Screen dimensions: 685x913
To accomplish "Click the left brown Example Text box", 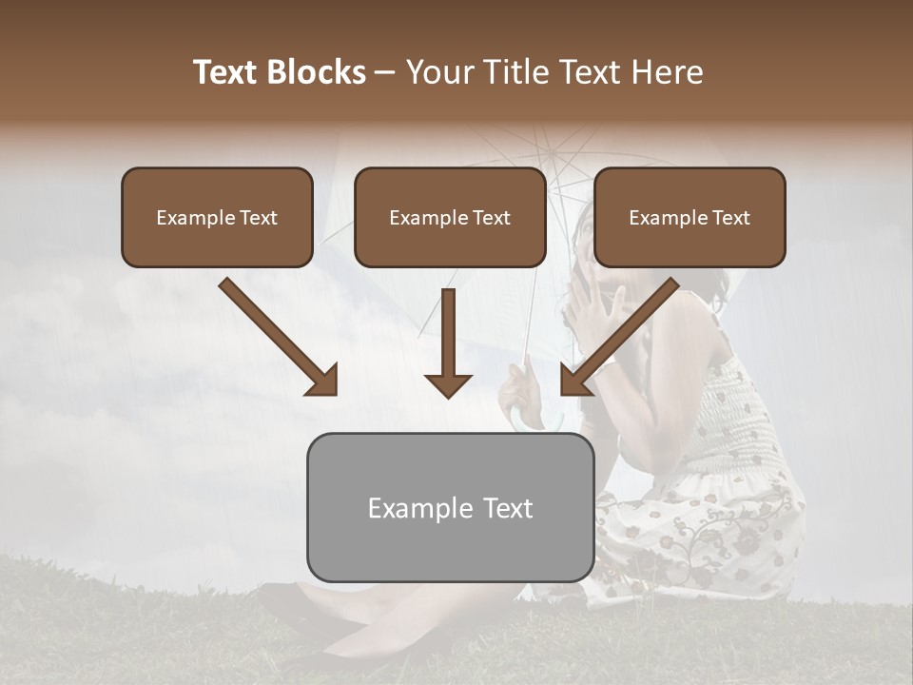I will [217, 217].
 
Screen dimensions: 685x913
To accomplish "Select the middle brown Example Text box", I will [450, 217].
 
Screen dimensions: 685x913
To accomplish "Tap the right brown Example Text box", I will [690, 217].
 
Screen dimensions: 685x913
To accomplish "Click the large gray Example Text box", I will [450, 507].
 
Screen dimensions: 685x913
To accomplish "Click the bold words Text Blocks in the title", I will [279, 72].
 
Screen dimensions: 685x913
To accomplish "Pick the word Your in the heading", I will [436, 72].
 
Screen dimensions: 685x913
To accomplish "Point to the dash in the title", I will [385, 72].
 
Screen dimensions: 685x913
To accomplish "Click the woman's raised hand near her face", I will [592, 309].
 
